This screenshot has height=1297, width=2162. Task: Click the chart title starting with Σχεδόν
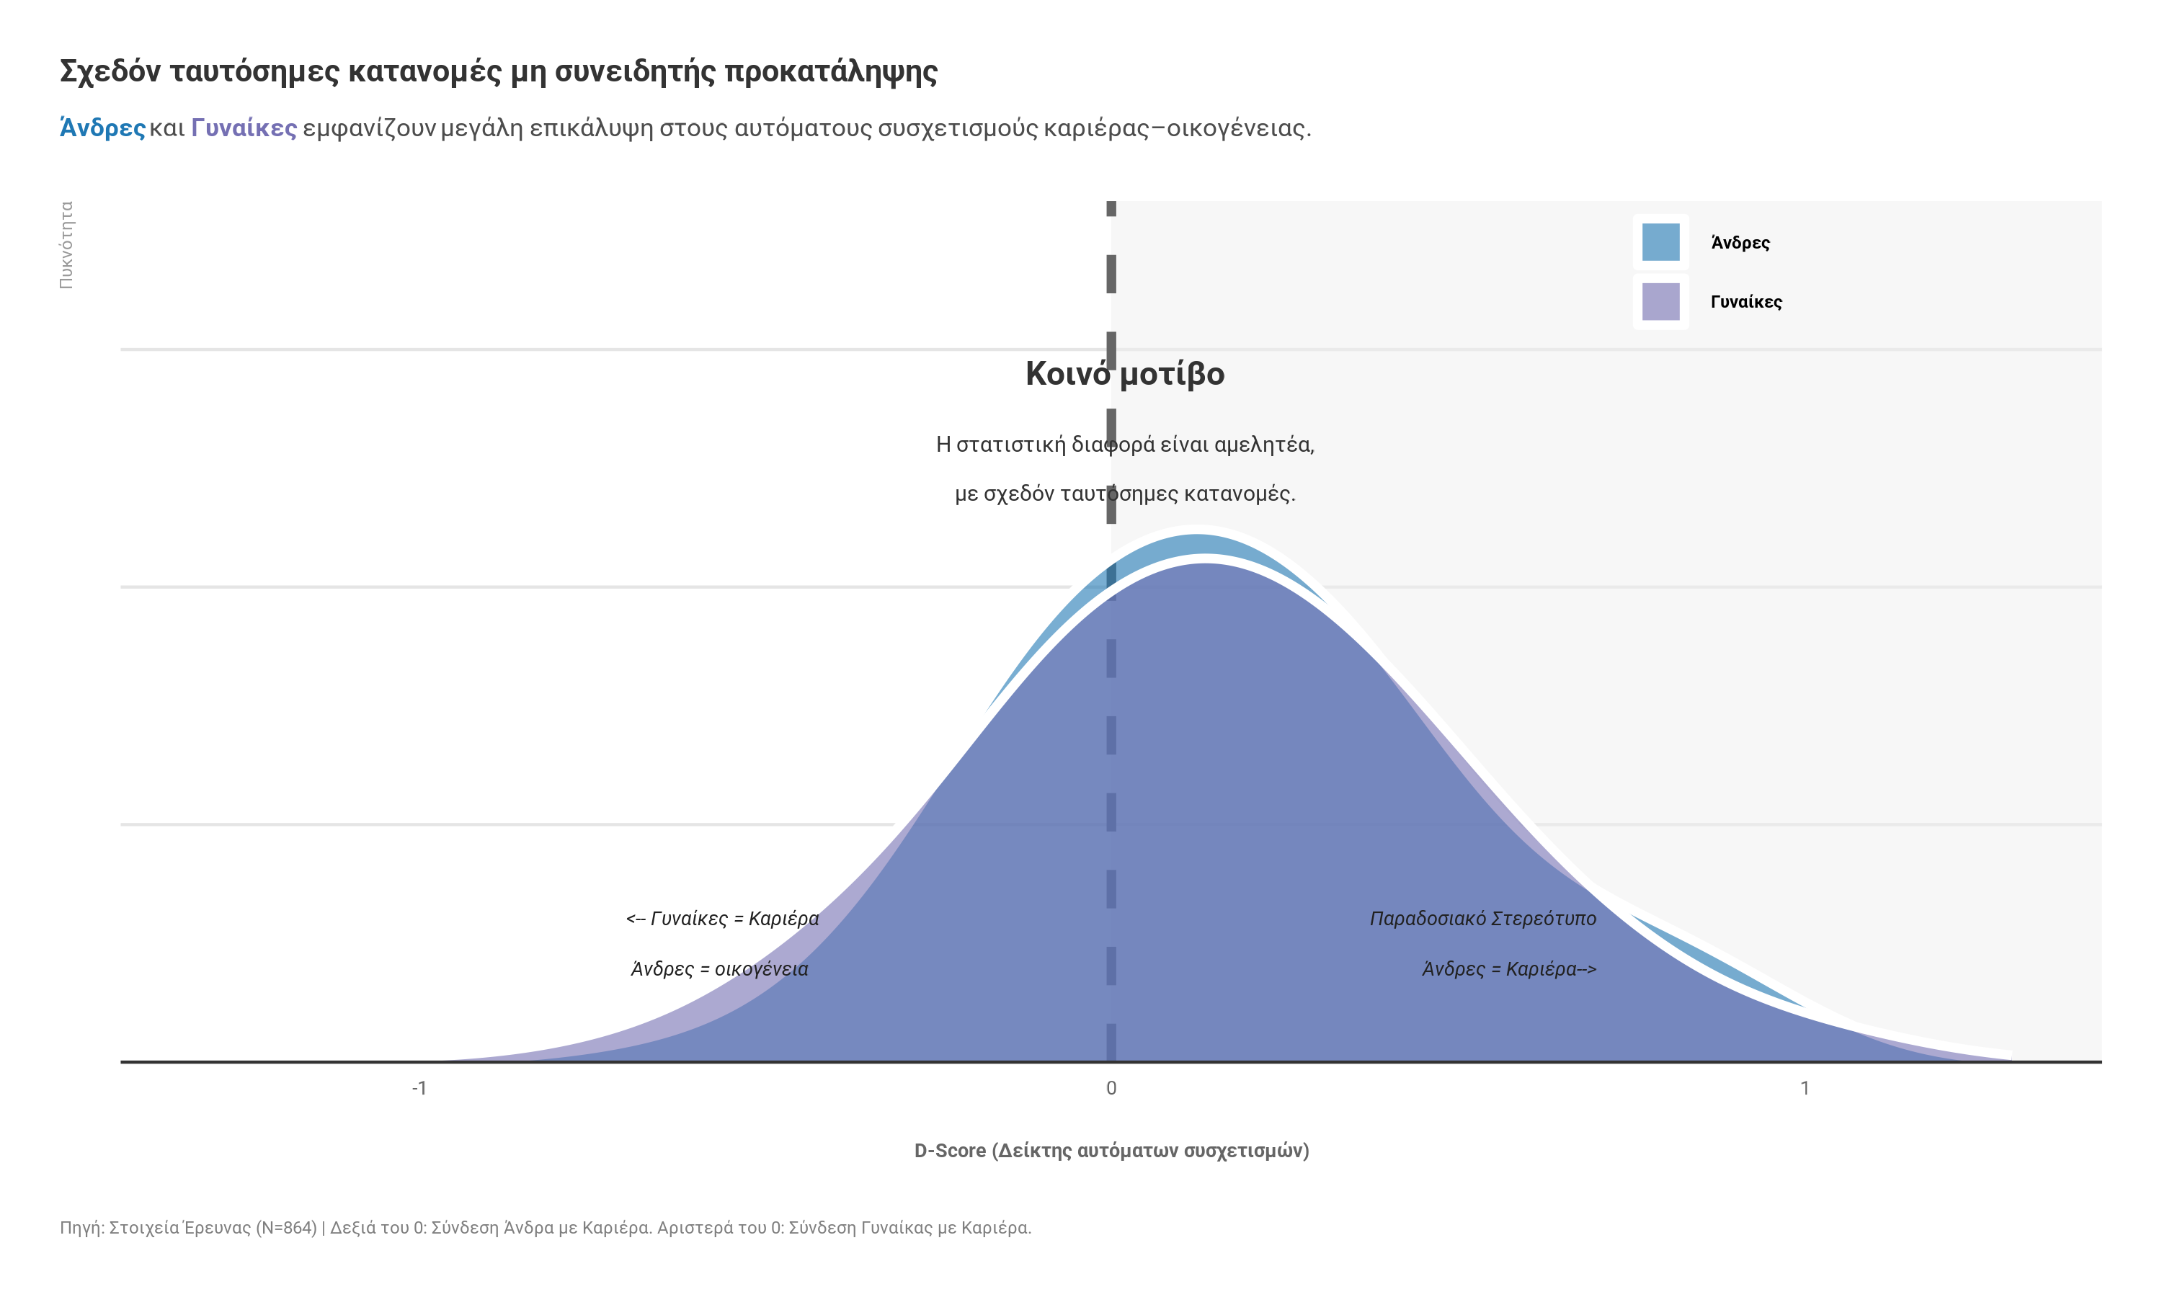pos(498,71)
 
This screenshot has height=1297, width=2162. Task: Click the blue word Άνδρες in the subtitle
pos(102,128)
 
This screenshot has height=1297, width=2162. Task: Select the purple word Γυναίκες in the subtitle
pos(244,128)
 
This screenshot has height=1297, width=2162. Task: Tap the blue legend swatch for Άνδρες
pos(1660,242)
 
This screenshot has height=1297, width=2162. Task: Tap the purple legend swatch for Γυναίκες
pos(1660,301)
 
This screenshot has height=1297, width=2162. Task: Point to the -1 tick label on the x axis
pos(419,1088)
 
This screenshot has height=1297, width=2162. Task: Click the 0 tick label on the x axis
pos(1111,1088)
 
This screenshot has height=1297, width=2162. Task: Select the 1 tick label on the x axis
pos(1805,1088)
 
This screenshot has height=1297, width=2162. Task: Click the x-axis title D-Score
pos(1111,1151)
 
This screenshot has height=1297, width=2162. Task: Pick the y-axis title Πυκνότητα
pos(66,245)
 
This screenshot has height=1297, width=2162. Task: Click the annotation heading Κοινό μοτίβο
pos(1125,374)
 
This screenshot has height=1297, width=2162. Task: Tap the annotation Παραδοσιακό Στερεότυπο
pos(1482,919)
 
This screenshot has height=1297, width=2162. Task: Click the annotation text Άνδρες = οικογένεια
pos(719,969)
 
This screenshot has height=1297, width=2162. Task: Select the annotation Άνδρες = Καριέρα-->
pos(1508,969)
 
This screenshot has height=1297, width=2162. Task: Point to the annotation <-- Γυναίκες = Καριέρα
pos(722,919)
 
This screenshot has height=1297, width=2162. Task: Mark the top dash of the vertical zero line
pos(1111,208)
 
